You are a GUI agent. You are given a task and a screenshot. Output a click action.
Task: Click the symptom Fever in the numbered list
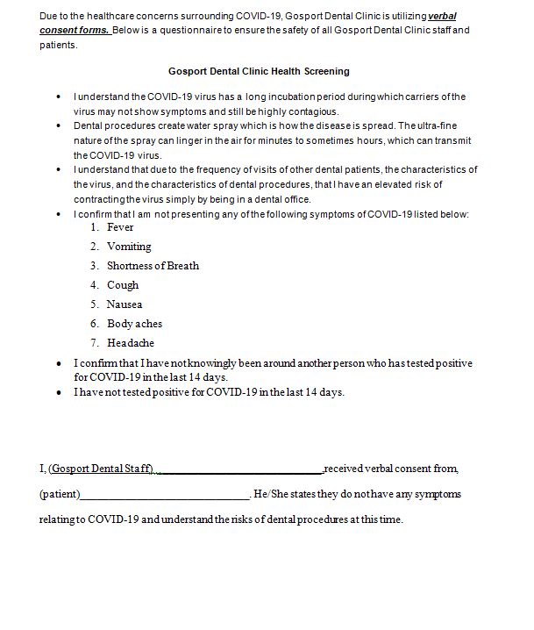pos(120,227)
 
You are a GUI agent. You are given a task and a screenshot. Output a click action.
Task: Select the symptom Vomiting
pos(129,247)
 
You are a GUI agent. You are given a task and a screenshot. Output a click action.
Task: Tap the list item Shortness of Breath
pos(153,266)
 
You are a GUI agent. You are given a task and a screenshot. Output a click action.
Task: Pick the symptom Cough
pos(123,285)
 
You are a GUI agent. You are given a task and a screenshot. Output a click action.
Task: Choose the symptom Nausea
pos(125,304)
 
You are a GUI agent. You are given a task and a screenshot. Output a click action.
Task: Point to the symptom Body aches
pos(134,324)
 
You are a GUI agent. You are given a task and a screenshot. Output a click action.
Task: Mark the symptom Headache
pos(130,343)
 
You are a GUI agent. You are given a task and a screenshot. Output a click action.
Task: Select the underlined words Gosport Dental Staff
pos(102,469)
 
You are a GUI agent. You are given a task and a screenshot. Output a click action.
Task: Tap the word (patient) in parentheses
pos(60,494)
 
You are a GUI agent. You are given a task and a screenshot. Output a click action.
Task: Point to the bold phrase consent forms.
pos(74,31)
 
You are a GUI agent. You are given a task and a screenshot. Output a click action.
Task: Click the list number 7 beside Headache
pos(93,343)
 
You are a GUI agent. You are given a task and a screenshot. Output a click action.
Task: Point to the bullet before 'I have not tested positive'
pos(59,393)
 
